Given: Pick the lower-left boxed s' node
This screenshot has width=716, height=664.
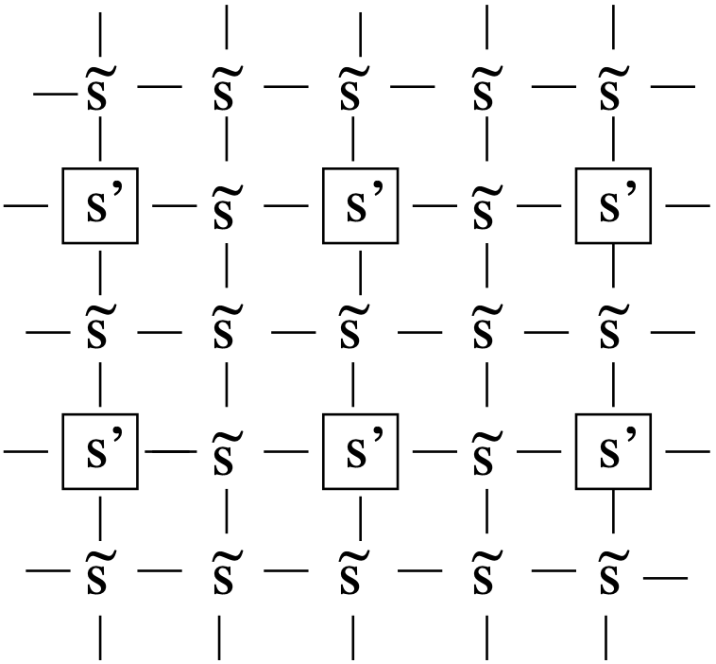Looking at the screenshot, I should click(x=100, y=450).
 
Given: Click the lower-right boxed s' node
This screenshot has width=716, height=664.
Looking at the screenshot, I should click(x=613, y=450).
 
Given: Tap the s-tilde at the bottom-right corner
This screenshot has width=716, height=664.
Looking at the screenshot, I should click(x=613, y=572).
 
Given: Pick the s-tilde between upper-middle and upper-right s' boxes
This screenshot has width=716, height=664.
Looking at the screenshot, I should click(x=486, y=205).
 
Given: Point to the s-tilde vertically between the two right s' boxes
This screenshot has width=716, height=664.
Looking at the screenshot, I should click(x=613, y=331).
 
